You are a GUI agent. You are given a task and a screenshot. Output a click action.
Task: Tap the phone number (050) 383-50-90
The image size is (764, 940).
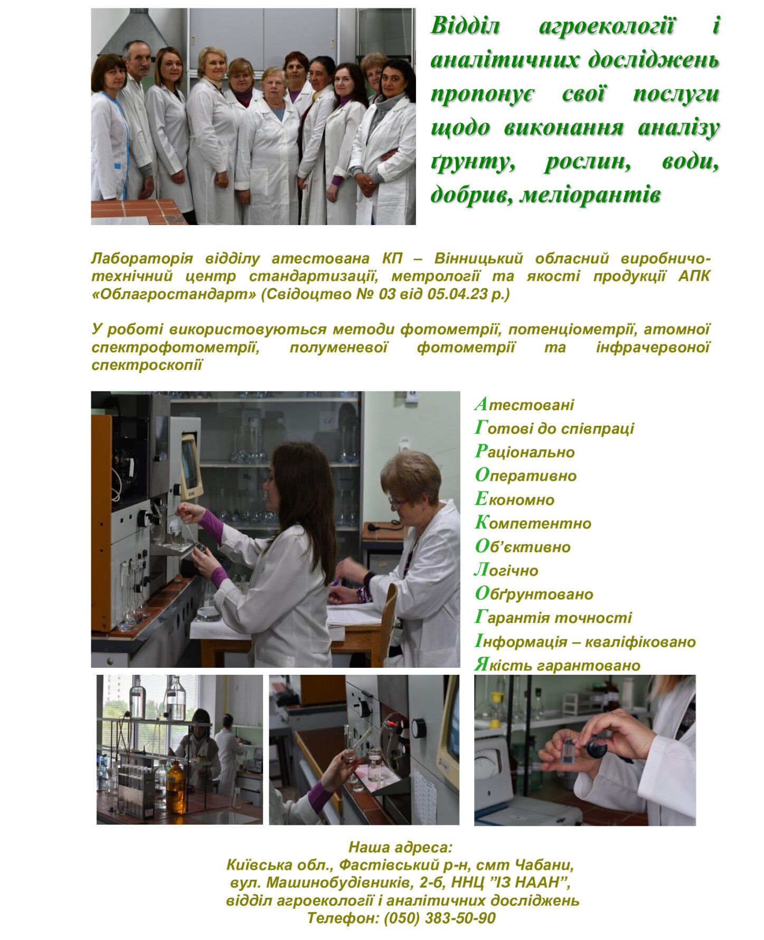click(439, 918)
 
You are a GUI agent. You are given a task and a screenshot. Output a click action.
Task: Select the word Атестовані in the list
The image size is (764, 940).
click(524, 405)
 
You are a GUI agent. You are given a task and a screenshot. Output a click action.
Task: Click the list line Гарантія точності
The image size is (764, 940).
click(553, 617)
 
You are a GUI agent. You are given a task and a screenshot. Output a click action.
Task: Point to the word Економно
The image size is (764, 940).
click(515, 499)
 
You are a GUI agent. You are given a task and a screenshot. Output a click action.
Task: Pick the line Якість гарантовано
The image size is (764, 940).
click(558, 665)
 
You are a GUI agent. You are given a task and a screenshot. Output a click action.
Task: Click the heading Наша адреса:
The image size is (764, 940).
click(401, 848)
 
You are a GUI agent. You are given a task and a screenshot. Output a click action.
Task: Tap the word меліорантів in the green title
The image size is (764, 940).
click(590, 195)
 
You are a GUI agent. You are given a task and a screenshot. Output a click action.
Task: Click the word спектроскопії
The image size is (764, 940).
click(147, 365)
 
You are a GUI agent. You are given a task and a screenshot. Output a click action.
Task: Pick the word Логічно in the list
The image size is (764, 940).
click(506, 570)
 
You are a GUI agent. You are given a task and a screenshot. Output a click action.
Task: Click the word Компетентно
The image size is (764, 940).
click(533, 523)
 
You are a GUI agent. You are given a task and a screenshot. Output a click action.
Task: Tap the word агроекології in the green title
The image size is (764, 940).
click(606, 26)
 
